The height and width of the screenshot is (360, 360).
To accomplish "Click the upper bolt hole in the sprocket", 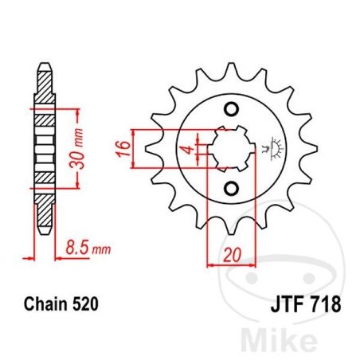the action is [231, 109].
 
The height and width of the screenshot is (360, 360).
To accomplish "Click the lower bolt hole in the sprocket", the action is [231, 189].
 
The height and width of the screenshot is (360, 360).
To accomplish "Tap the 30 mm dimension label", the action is [76, 149].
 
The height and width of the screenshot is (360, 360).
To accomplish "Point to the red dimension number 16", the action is [123, 149].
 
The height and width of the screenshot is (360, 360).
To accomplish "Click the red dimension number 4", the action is [189, 149].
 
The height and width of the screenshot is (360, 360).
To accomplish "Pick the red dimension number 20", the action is [232, 255].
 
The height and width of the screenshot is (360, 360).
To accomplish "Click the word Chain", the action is [45, 304].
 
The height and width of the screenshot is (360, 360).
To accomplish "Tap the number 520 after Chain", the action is [85, 304].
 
